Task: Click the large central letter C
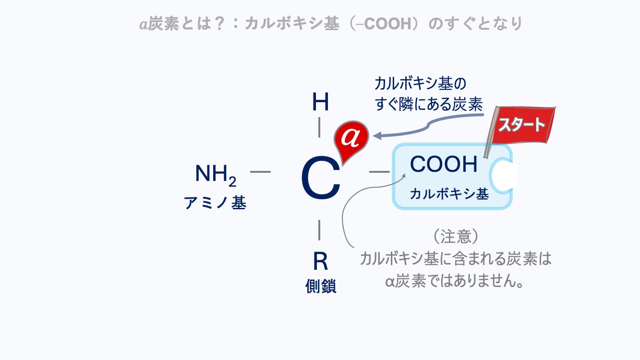[320, 180]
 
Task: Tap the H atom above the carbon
[320, 102]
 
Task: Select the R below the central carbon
[320, 262]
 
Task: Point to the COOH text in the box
[444, 165]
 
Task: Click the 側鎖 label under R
[321, 286]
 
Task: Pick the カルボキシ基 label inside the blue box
[449, 194]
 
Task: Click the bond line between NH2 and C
[260, 171]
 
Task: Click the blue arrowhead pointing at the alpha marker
[378, 136]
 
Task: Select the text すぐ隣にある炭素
[428, 105]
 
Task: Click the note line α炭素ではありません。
[454, 281]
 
